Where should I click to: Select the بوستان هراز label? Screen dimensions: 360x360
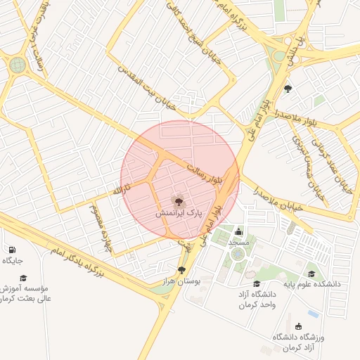click(182, 281)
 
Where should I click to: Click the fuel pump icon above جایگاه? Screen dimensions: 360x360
click(12, 250)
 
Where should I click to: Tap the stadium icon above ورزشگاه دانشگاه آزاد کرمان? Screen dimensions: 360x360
click(299, 326)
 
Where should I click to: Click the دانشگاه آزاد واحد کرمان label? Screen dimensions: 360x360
click(256, 299)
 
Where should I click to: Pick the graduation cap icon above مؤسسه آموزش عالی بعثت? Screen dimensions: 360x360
click(22, 278)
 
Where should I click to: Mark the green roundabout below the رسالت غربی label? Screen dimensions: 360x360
click(18, 65)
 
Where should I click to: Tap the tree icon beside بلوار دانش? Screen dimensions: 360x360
click(288, 89)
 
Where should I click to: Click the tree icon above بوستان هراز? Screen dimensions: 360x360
click(182, 270)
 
